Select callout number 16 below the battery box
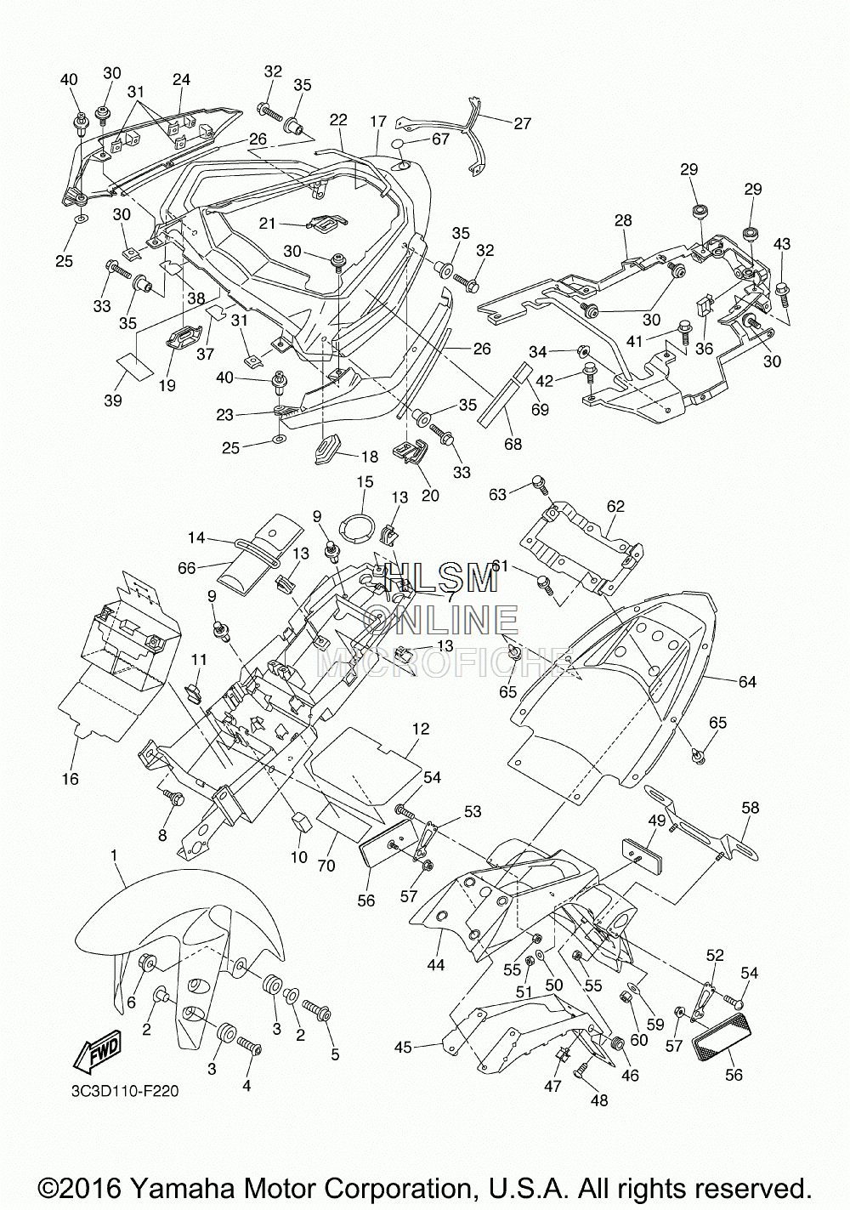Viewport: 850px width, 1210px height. click(x=71, y=778)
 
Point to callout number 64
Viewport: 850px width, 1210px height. click(x=747, y=682)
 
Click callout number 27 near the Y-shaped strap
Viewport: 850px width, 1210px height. click(x=522, y=123)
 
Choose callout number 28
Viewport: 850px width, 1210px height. click(x=623, y=220)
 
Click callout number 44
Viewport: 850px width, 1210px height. click(x=436, y=964)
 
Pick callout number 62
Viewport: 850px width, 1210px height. click(x=615, y=506)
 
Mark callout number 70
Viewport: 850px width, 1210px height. click(x=326, y=866)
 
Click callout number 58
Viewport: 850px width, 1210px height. click(x=751, y=808)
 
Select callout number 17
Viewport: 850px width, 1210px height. click(x=378, y=121)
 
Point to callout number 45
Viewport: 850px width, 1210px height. click(x=404, y=1047)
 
